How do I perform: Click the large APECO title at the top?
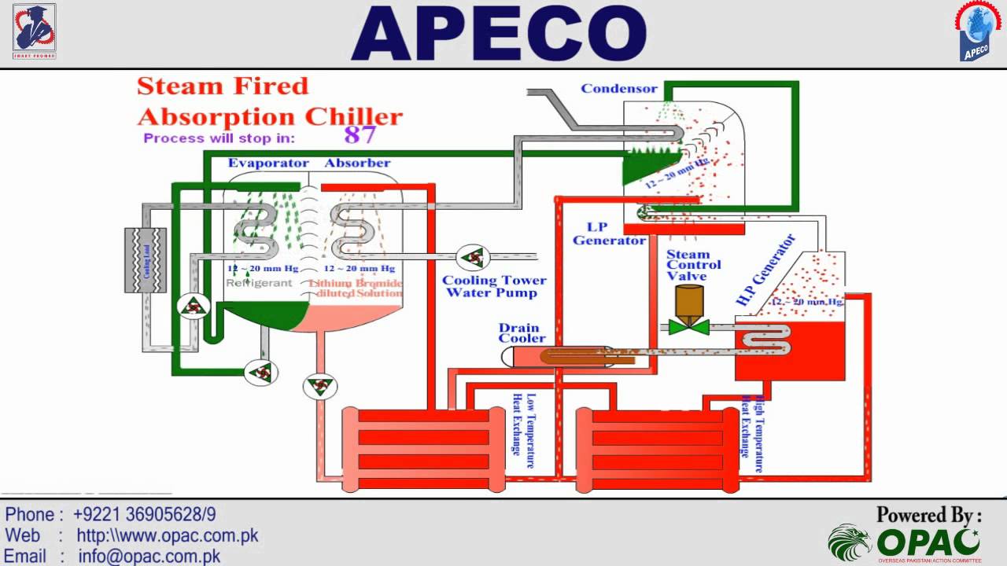coord(499,35)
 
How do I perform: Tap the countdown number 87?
coord(360,135)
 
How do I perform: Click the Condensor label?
coord(618,88)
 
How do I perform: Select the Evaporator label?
coord(268,164)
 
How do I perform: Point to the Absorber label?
coord(357,164)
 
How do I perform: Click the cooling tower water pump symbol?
coord(474,256)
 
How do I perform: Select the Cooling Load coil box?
coord(146,259)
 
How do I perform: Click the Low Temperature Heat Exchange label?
coord(523,424)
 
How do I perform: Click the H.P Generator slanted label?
coord(765,270)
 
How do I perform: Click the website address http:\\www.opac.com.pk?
coord(167,536)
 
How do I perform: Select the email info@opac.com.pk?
coord(149,557)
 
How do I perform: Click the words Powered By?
coord(928,515)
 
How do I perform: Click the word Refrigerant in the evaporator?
coord(259,283)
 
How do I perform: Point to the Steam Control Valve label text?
coord(688,265)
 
